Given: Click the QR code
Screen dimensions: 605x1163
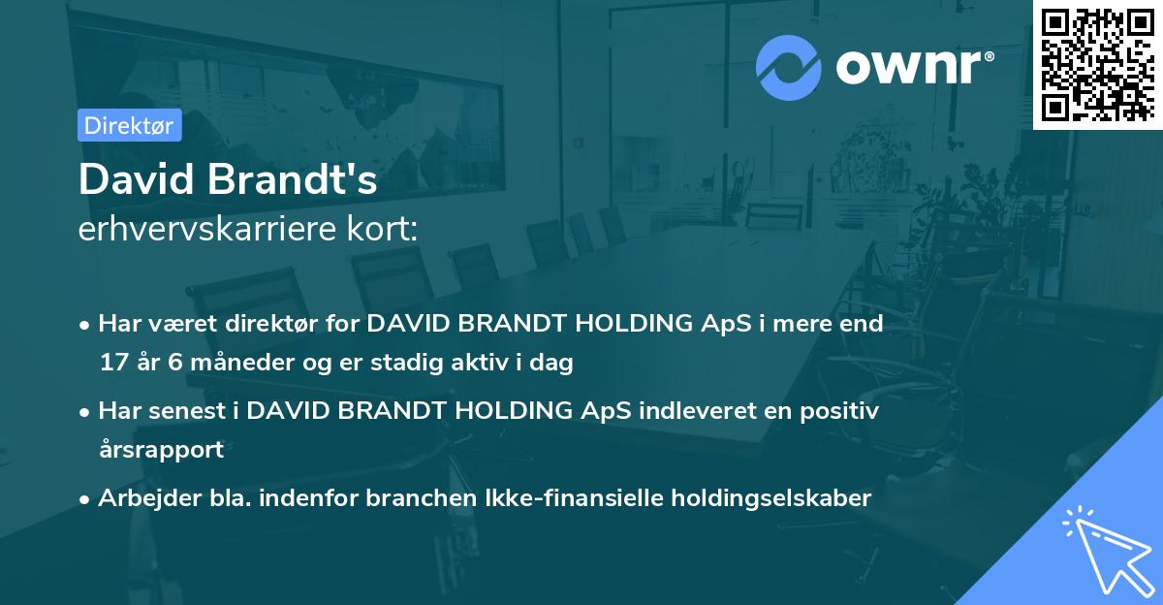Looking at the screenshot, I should pyautogui.click(x=1097, y=65).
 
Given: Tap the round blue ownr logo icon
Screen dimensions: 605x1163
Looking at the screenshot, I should pyautogui.click(x=789, y=68).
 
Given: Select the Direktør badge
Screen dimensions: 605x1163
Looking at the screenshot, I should pyautogui.click(x=129, y=125).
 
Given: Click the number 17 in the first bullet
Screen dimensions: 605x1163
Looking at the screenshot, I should pyautogui.click(x=114, y=364).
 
